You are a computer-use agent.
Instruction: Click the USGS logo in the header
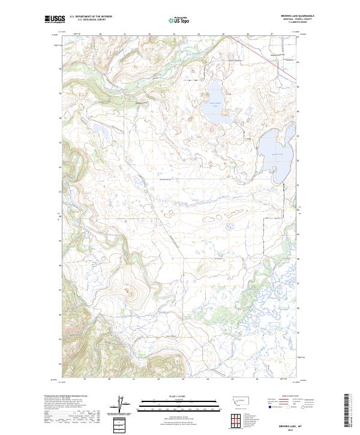point(54,20)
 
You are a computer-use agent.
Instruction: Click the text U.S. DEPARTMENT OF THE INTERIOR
point(91,17)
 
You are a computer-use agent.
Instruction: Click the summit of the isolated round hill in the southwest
point(127,292)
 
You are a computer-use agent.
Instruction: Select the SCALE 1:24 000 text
point(181,396)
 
